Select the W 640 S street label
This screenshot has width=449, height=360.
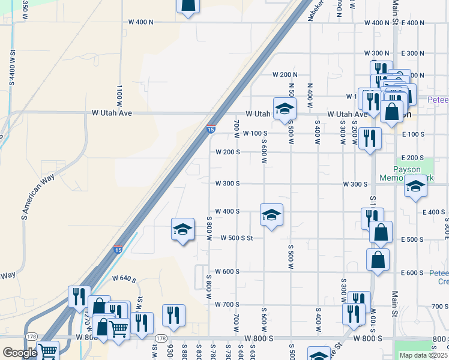click(x=125, y=278)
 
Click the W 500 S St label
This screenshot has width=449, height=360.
click(x=237, y=238)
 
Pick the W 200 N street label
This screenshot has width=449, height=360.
click(x=285, y=75)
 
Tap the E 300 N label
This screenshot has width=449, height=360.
click(x=412, y=53)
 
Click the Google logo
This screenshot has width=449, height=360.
click(x=20, y=353)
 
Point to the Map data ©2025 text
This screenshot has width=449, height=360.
click(x=423, y=355)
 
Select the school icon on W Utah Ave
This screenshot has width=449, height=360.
click(x=285, y=109)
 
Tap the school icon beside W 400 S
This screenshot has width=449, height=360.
click(x=271, y=214)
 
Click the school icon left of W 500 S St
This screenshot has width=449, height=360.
click(x=182, y=229)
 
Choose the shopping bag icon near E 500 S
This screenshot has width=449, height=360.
click(x=381, y=232)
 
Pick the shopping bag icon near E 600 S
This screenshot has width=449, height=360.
click(x=377, y=259)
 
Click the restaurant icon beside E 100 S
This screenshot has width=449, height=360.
click(x=370, y=139)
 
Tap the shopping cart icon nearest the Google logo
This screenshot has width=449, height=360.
click(x=47, y=351)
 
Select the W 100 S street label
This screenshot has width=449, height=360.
click(x=255, y=133)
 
